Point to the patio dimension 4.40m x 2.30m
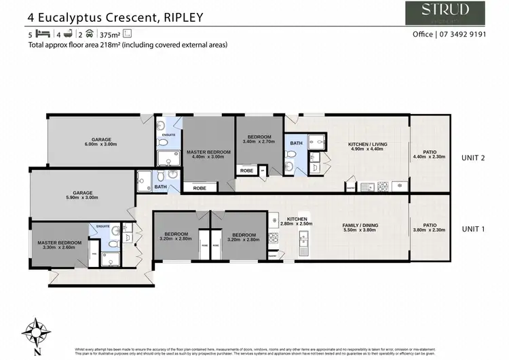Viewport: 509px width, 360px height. point(429,157)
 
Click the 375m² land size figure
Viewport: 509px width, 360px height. point(108,34)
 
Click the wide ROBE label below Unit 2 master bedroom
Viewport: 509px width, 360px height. point(200,187)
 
